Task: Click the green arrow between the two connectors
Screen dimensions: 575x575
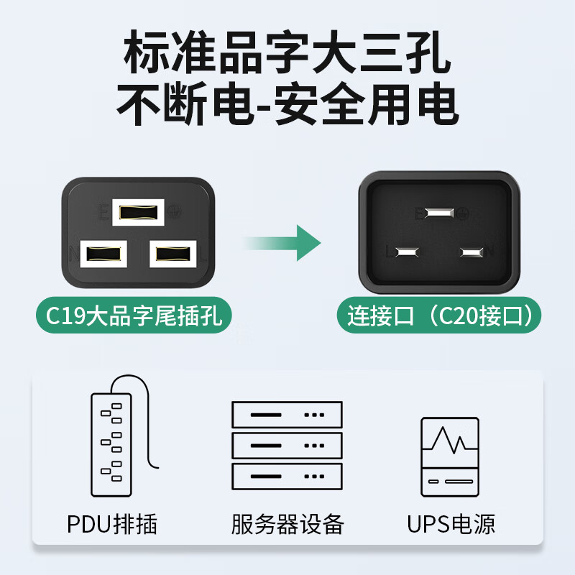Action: tap(282, 243)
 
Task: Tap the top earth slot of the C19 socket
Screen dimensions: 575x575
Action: tap(138, 212)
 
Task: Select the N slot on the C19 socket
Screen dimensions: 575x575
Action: tap(103, 254)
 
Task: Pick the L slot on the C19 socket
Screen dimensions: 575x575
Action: tap(173, 254)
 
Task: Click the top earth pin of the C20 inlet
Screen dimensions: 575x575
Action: tap(439, 213)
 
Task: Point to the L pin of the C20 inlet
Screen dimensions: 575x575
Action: tap(407, 252)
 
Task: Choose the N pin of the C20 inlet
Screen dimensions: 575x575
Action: tap(471, 252)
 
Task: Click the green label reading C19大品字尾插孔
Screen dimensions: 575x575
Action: tap(134, 315)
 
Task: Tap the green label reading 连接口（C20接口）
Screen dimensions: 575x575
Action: tap(439, 315)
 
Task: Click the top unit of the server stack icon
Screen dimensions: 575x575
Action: tap(287, 415)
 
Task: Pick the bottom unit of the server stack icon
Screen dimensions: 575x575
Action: tap(287, 477)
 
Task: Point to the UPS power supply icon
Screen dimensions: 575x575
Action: tap(450, 457)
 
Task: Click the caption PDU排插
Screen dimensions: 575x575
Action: tap(112, 524)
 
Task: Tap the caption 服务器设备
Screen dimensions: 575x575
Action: tap(287, 524)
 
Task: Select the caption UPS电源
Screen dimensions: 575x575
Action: tap(451, 524)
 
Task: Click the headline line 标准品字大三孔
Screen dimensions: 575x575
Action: tap(287, 52)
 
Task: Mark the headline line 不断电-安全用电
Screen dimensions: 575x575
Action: tap(287, 103)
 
